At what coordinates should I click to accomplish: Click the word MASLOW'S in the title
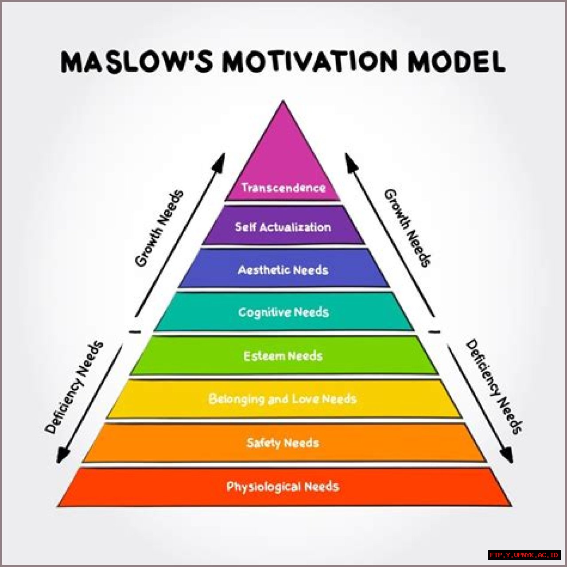[136, 62]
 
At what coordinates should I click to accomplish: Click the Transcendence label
[283, 187]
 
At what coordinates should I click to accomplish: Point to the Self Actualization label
[283, 227]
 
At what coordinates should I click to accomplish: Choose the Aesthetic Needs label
[283, 270]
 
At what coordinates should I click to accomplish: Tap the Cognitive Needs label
[283, 312]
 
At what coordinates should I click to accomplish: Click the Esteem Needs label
[283, 356]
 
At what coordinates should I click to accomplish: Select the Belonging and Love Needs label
[283, 399]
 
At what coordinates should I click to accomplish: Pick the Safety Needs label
[283, 443]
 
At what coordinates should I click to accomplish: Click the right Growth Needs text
[408, 228]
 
